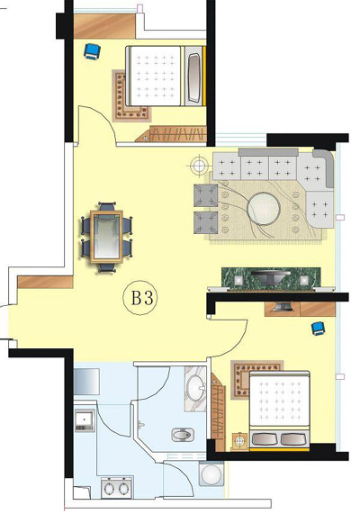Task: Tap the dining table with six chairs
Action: pyautogui.click(x=106, y=237)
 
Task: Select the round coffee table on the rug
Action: pyautogui.click(x=264, y=209)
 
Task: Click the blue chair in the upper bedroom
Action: pyautogui.click(x=92, y=51)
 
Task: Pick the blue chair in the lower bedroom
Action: pyautogui.click(x=318, y=329)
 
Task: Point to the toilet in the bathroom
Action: pyautogui.click(x=181, y=435)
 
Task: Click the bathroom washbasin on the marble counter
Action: pyautogui.click(x=195, y=389)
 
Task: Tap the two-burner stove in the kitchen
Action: pyautogui.click(x=116, y=488)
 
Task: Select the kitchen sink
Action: pyautogui.click(x=85, y=419)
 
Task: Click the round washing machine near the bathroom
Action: pyautogui.click(x=211, y=473)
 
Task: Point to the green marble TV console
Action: pyautogui.click(x=271, y=279)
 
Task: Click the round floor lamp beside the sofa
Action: pyautogui.click(x=199, y=166)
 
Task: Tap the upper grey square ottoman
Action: pyautogui.click(x=205, y=195)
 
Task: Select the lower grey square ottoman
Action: pyautogui.click(x=205, y=222)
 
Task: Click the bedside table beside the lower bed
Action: pyautogui.click(x=240, y=441)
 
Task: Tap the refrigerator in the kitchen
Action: pyautogui.click(x=86, y=382)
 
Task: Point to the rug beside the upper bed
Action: pyautogui.click(x=130, y=95)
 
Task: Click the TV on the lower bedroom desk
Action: pyautogui.click(x=282, y=306)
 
